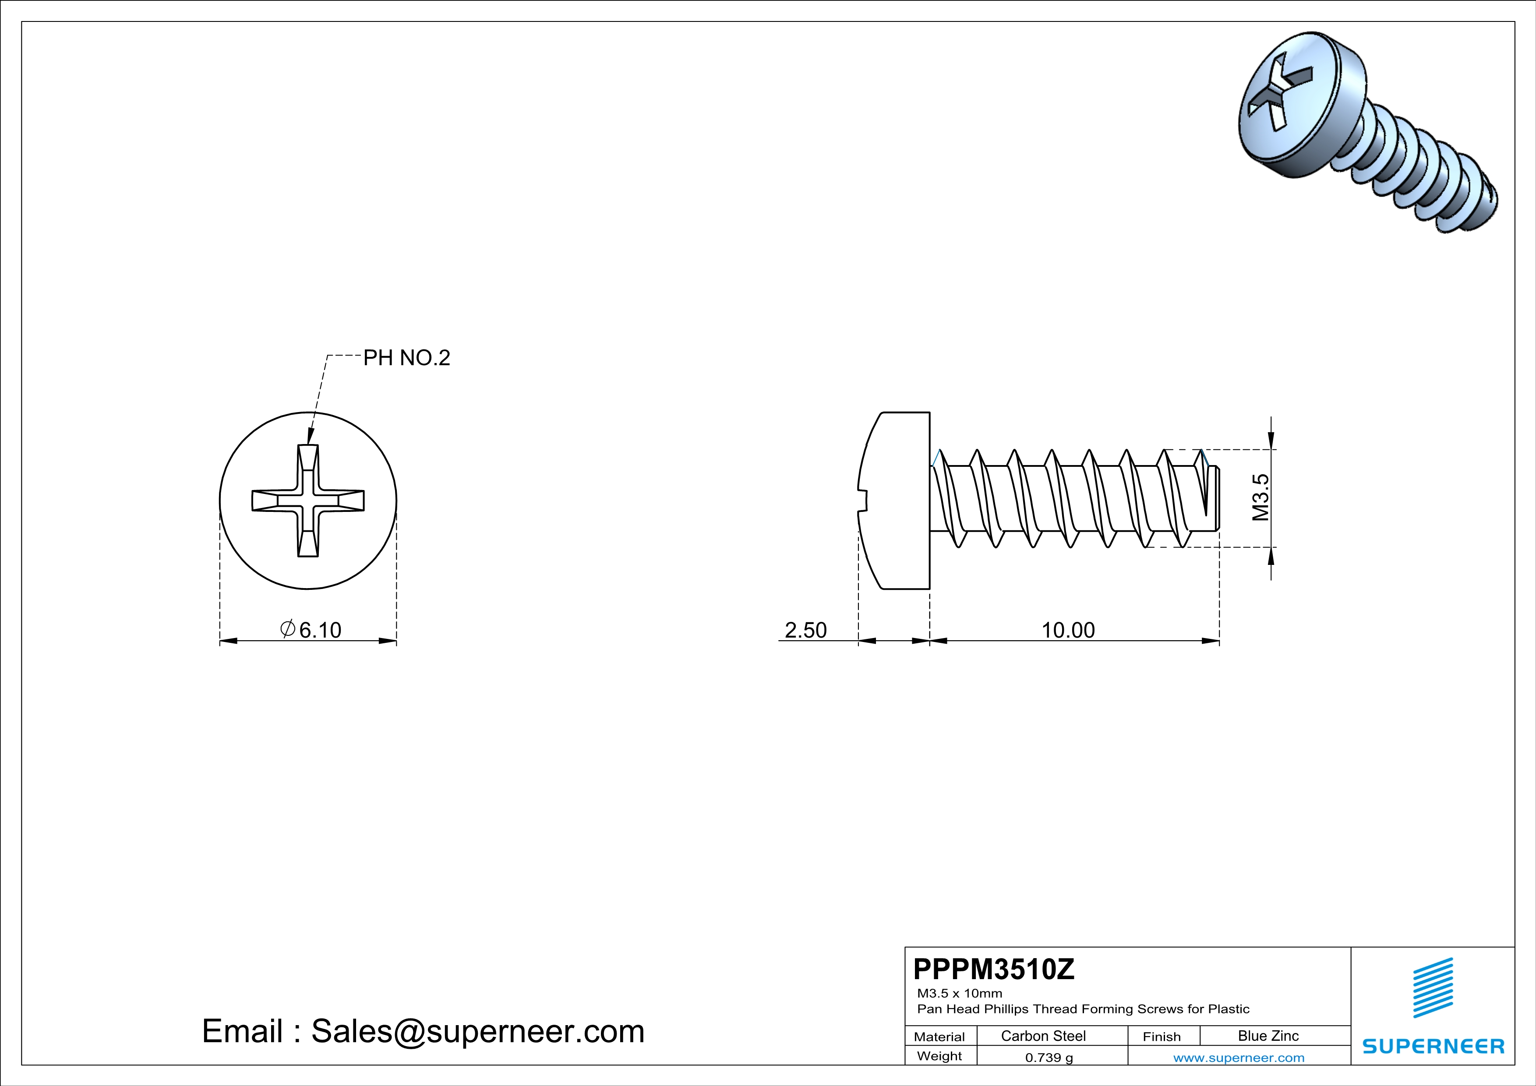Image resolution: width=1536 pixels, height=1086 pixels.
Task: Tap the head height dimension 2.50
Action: click(805, 630)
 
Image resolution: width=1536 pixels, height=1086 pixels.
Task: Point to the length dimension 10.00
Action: click(1068, 630)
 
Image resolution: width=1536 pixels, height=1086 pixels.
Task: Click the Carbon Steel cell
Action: click(1043, 1036)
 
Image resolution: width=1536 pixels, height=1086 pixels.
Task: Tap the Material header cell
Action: click(939, 1037)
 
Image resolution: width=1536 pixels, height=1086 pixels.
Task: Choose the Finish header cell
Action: click(1162, 1037)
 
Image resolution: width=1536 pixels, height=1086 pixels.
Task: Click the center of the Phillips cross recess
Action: click(308, 501)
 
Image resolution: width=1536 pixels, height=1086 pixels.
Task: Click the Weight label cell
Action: click(939, 1056)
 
